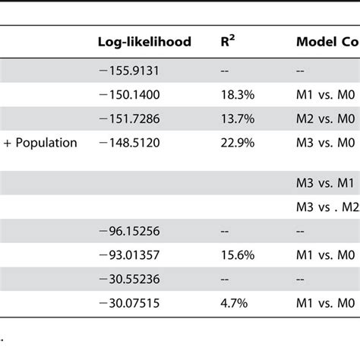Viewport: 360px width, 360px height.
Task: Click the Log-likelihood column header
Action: point(144,43)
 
